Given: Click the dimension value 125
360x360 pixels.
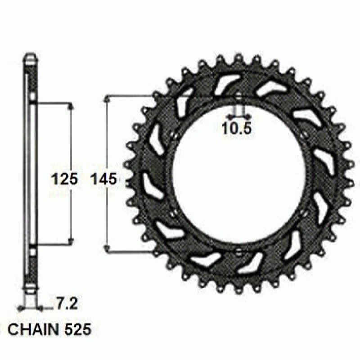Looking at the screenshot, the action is pos(64,179).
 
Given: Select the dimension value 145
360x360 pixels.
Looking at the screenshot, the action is pos(104,179).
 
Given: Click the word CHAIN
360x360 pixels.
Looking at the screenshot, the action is pos(33,330).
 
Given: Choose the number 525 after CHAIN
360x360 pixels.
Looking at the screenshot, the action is pos(77,330).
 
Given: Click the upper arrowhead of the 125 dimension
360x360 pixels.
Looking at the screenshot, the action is pos(71,106).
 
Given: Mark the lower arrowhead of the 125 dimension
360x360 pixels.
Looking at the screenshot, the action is pos(71,241).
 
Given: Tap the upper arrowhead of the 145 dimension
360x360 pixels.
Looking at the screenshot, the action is pos(107,99).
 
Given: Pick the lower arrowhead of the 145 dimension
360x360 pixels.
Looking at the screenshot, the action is pos(107,248).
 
